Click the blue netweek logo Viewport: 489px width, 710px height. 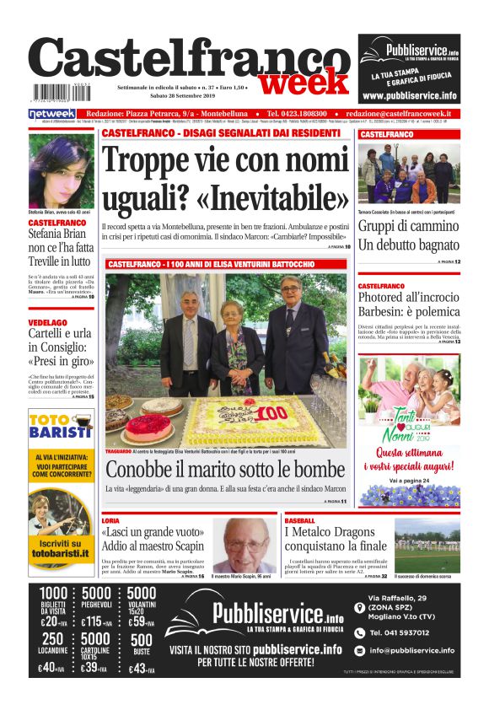(x=52, y=113)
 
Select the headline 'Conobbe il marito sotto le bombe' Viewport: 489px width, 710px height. (x=225, y=470)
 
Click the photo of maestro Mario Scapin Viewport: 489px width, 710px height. (x=243, y=546)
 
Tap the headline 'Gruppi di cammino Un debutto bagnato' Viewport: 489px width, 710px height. (x=408, y=236)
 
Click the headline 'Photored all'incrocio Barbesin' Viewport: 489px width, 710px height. (x=408, y=306)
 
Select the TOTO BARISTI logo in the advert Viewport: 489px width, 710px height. (x=61, y=427)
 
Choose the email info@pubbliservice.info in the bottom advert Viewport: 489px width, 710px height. (x=411, y=650)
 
